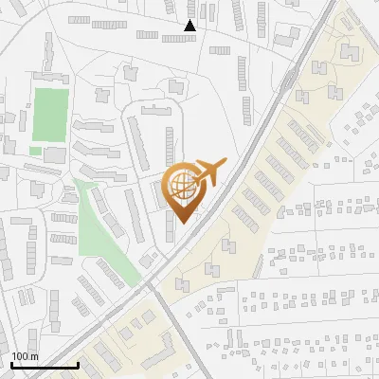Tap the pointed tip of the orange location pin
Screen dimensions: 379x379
[183, 223]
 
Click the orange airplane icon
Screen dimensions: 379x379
[209, 174]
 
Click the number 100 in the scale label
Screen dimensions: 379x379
[20, 356]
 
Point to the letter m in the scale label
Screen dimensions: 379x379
[33, 356]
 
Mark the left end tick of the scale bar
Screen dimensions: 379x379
[11, 364]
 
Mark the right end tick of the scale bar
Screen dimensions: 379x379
[78, 364]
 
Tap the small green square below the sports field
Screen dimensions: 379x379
[35, 151]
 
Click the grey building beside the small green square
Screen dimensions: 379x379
[55, 153]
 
